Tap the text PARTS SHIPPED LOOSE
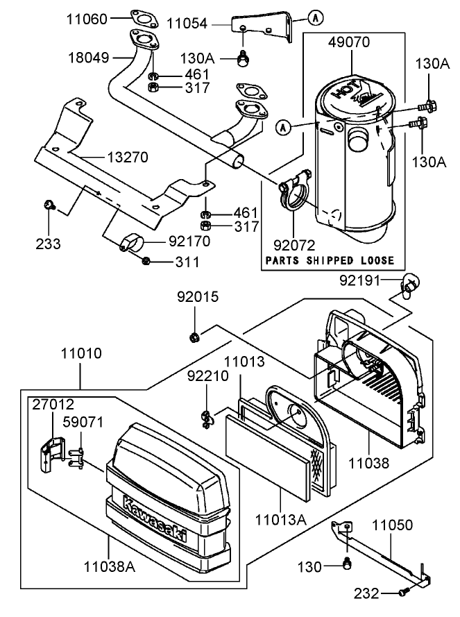point(330,261)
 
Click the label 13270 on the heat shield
point(127,158)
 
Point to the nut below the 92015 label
point(196,337)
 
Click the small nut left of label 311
point(146,261)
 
